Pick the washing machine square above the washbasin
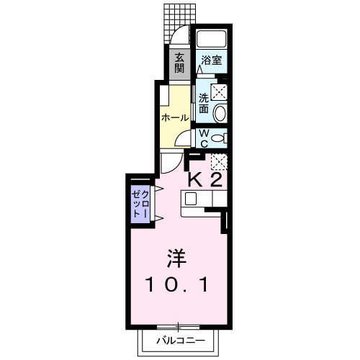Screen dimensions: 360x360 (x=220, y=91)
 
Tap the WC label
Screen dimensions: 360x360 (x=204, y=137)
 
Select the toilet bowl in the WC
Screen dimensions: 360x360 (x=220, y=137)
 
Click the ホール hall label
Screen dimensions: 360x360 (x=175, y=117)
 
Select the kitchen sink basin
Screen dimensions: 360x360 (x=191, y=199)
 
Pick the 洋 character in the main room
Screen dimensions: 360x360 (x=174, y=257)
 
